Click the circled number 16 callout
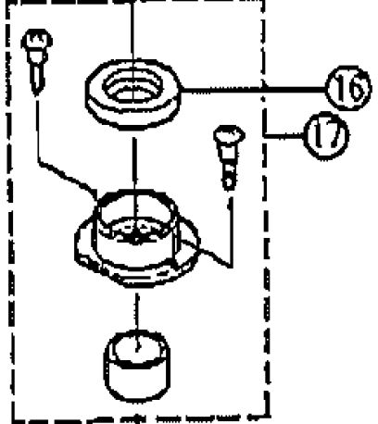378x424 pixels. point(348,88)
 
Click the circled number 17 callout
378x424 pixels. point(326,136)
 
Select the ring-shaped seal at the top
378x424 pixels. point(132,94)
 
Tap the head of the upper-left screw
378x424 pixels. point(37,41)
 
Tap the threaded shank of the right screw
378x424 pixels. point(229,168)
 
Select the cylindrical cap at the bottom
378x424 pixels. point(137,366)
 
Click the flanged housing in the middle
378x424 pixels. point(137,238)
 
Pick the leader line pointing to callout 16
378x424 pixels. point(253,90)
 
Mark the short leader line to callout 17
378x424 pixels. point(283,134)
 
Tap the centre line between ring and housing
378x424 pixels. point(134,164)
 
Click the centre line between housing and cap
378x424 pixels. point(137,312)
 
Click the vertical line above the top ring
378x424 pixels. point(132,31)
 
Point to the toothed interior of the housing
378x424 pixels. point(136,231)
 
